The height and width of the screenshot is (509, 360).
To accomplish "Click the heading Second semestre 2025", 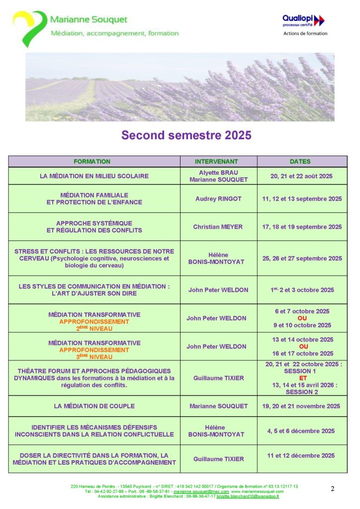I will click(186, 135).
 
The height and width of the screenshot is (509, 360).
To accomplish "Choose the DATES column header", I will click(300, 162).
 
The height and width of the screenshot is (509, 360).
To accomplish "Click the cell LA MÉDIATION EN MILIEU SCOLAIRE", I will click(94, 176).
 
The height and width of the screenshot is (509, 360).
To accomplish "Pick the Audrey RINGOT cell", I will click(218, 199).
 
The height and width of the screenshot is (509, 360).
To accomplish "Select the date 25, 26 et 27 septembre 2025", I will click(302, 258).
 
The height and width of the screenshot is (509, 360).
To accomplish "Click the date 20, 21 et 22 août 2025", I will click(302, 176).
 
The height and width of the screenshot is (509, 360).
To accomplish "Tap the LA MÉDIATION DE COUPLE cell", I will click(94, 406).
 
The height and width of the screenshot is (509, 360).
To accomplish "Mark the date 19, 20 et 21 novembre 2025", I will click(301, 406).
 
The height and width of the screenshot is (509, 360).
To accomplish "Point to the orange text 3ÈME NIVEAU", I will click(94, 357).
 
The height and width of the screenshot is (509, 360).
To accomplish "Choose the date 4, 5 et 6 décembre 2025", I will click(301, 431).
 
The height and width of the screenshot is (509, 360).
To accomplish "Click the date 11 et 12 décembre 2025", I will click(301, 455).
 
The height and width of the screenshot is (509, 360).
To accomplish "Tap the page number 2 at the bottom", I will click(333, 489).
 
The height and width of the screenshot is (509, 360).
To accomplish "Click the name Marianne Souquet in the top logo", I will click(89, 20).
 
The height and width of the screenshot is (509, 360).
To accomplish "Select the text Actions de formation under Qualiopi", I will click(305, 34).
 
